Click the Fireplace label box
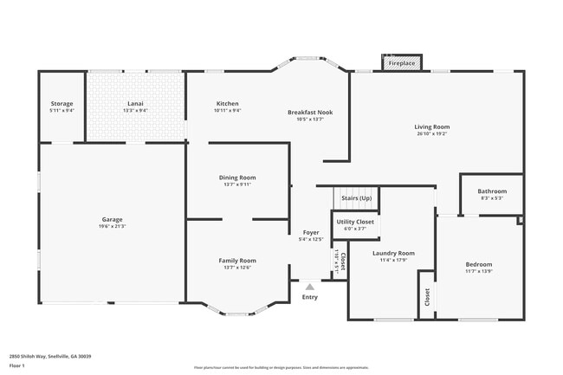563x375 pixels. point(401,63)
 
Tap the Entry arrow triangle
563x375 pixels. point(309,286)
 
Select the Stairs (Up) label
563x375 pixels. point(356,198)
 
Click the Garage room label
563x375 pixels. point(112,219)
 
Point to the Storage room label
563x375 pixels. point(61,104)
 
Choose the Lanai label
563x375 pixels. point(135,104)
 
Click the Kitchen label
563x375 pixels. point(228,104)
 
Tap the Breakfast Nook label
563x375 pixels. point(310,112)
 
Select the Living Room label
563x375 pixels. point(431,127)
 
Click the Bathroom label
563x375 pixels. point(492,191)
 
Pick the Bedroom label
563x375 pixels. point(478,264)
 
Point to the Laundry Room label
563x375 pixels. point(393,254)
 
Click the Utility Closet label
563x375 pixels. point(355,222)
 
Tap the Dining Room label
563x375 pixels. point(236,178)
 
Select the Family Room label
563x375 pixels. point(236,261)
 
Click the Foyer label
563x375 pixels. point(310,232)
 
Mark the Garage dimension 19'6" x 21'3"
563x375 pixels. point(112,226)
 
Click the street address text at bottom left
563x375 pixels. point(50,356)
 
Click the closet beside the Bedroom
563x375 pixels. point(427,296)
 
